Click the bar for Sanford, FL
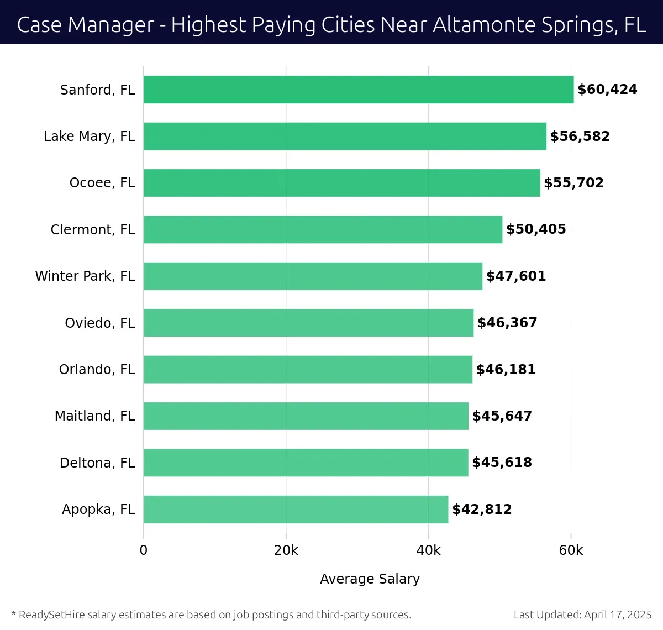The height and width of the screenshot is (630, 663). click(359, 90)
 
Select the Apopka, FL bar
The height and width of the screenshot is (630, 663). click(296, 509)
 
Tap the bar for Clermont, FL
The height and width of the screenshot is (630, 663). click(323, 229)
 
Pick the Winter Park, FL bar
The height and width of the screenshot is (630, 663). click(313, 276)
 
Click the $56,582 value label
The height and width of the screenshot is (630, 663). click(580, 136)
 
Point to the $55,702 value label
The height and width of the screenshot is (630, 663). click(573, 183)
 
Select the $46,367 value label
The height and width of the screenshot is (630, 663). click(507, 323)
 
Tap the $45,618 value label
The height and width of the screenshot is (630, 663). click(502, 463)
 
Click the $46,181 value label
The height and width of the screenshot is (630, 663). click(506, 369)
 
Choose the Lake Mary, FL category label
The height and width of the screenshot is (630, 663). click(89, 136)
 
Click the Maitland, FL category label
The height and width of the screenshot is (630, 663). click(94, 416)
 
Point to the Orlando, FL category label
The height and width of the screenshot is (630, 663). click(97, 369)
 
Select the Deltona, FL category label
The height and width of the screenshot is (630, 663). click(97, 463)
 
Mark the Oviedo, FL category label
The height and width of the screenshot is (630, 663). click(99, 323)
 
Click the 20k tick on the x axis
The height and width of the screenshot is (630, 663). click(286, 550)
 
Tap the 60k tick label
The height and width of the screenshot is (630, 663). click(571, 550)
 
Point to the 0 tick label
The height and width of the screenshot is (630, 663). click(144, 550)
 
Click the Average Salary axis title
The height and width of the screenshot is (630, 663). click(370, 579)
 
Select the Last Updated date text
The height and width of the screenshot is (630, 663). click(582, 615)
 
